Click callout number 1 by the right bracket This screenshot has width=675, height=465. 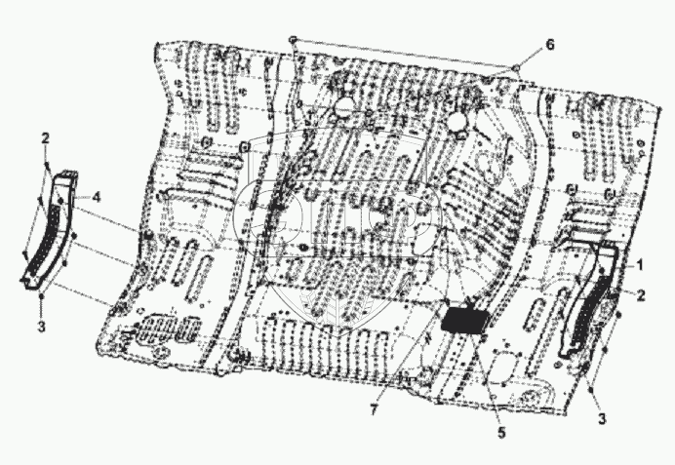[x=642, y=264]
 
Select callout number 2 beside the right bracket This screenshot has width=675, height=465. [x=642, y=292]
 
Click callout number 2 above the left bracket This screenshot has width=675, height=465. [x=46, y=139]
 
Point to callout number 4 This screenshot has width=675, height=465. [x=97, y=197]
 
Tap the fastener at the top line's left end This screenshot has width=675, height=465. [x=293, y=39]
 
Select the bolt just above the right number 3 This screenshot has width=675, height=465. [x=592, y=388]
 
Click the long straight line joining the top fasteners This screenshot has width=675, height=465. [x=400, y=54]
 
